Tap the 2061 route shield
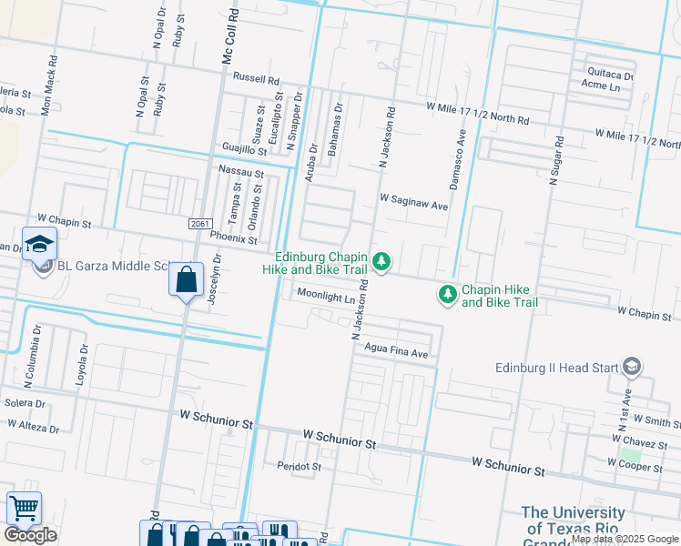click(202, 224)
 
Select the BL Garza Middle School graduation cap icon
click(40, 244)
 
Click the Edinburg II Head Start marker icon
click(631, 368)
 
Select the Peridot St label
click(299, 466)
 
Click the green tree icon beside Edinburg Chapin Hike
click(381, 263)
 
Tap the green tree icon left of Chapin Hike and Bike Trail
click(447, 295)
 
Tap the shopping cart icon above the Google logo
click(24, 507)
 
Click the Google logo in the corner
click(30, 535)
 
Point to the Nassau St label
click(240, 171)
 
